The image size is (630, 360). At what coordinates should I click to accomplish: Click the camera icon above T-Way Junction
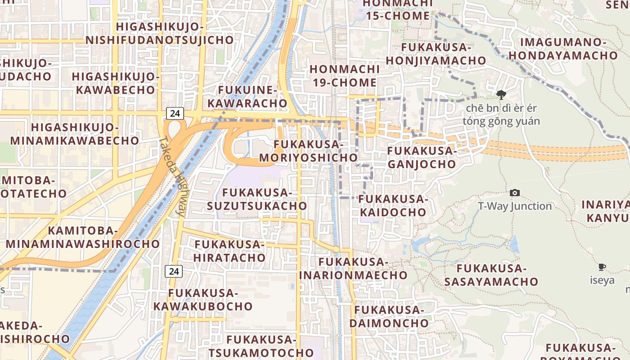[x=515, y=193]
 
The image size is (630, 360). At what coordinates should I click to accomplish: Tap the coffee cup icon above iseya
[x=602, y=267]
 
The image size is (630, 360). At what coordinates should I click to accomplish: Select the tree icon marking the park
[x=501, y=95]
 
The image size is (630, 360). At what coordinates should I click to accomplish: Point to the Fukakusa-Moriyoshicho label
[x=308, y=151]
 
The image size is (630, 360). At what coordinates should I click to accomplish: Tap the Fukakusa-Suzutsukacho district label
[x=257, y=199]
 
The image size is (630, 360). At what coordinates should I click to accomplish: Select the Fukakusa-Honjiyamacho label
[x=436, y=54]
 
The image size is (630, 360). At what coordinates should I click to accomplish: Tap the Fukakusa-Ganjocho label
[x=422, y=157]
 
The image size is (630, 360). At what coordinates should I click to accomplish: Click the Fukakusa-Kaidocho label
[x=392, y=205]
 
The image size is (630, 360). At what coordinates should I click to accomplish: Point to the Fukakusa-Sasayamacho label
[x=491, y=275]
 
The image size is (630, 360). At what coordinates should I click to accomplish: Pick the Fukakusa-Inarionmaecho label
[x=353, y=268]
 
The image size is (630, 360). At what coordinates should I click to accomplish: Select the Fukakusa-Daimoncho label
[x=389, y=316]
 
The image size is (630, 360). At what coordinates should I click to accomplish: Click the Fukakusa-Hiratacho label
[x=229, y=251]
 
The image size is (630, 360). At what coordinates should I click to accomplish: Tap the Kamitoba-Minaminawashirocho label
[x=83, y=237]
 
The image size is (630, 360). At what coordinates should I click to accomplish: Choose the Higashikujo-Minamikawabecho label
[x=75, y=134]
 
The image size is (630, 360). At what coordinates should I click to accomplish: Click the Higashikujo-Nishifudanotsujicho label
[x=160, y=33]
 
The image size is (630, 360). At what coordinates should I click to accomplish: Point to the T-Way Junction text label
[x=515, y=206]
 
